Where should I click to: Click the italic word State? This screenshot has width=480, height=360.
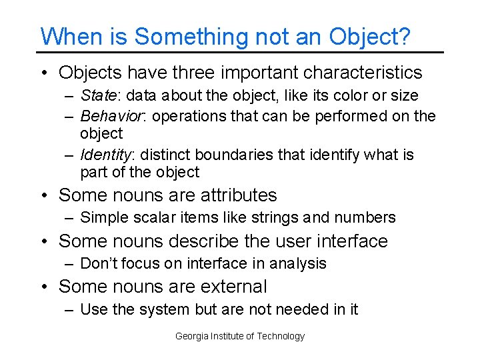pyautogui.click(x=95, y=95)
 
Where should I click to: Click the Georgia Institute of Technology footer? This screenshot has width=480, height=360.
pyautogui.click(x=239, y=336)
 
